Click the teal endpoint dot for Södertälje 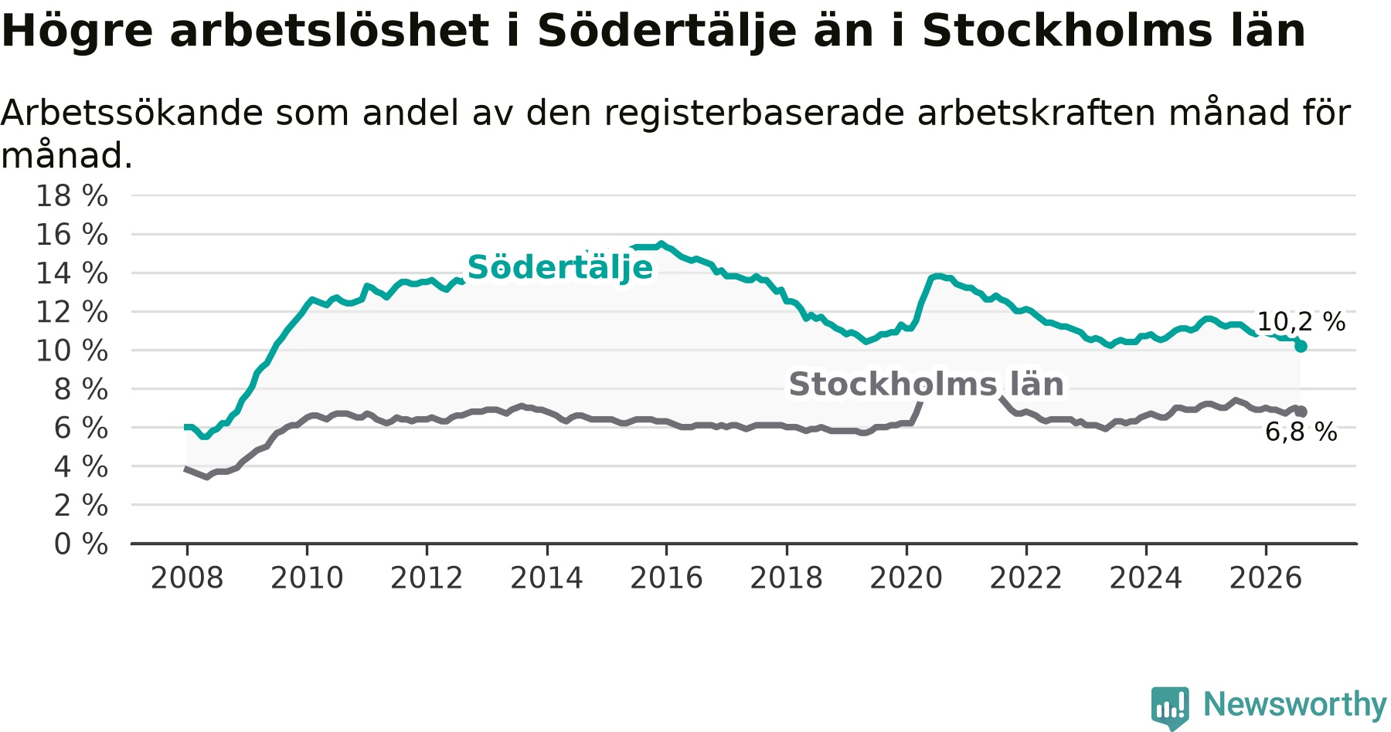1301,347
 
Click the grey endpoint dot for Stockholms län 1301,412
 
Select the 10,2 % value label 1301,322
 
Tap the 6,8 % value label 1301,432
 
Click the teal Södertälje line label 560,267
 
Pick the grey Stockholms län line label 926,384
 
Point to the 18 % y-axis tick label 72,196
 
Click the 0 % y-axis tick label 81,544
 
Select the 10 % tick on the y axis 72,351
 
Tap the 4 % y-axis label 81,466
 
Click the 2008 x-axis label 187,578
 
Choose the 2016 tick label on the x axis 666,578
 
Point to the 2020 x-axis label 906,578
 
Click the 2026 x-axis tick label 1266,578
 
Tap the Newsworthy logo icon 1170,707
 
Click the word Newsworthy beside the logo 1295,704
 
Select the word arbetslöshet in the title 329,31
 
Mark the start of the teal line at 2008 186,427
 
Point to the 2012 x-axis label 427,578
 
